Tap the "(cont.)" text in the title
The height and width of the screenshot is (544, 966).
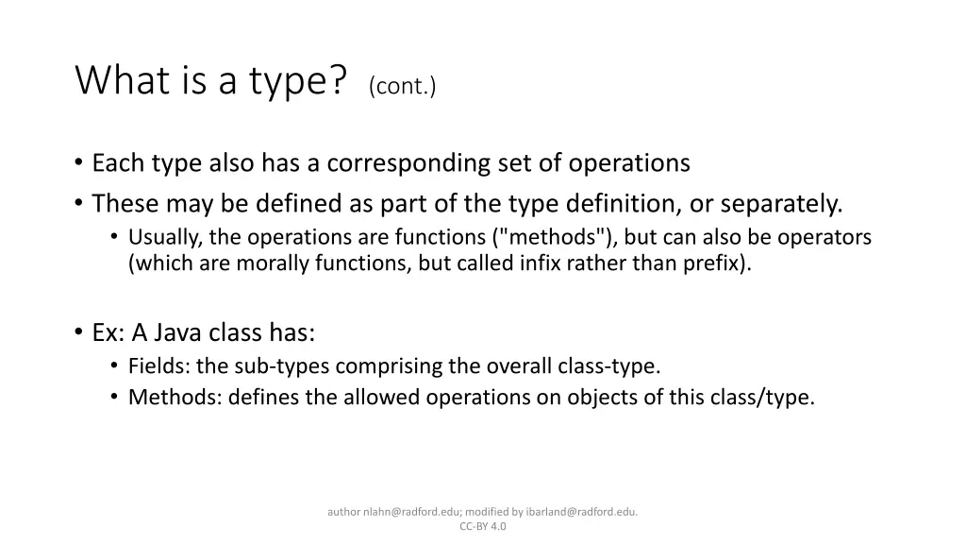point(403,86)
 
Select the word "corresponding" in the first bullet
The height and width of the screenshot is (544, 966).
point(408,163)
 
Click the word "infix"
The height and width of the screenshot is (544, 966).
point(541,263)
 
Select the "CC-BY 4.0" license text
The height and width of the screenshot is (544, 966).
point(483,527)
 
